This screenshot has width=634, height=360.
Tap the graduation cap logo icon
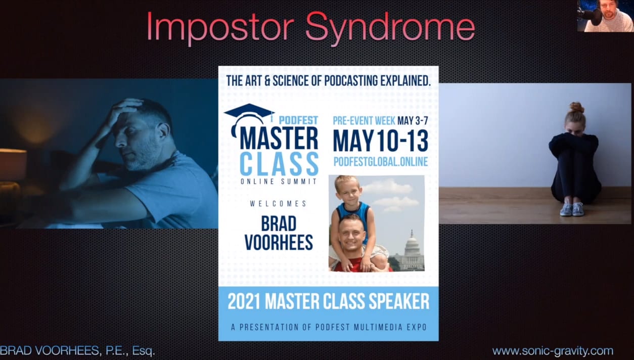coord(249,113)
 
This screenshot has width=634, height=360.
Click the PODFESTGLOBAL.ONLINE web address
coord(380,162)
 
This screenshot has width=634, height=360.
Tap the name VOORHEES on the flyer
coord(279,242)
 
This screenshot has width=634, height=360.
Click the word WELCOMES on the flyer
coord(278,203)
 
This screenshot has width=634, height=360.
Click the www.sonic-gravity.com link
coord(553,351)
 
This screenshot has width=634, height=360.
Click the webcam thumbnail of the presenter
coord(605,16)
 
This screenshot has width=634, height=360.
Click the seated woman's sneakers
coord(572,209)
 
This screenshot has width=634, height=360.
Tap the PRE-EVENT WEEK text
coord(364,121)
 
